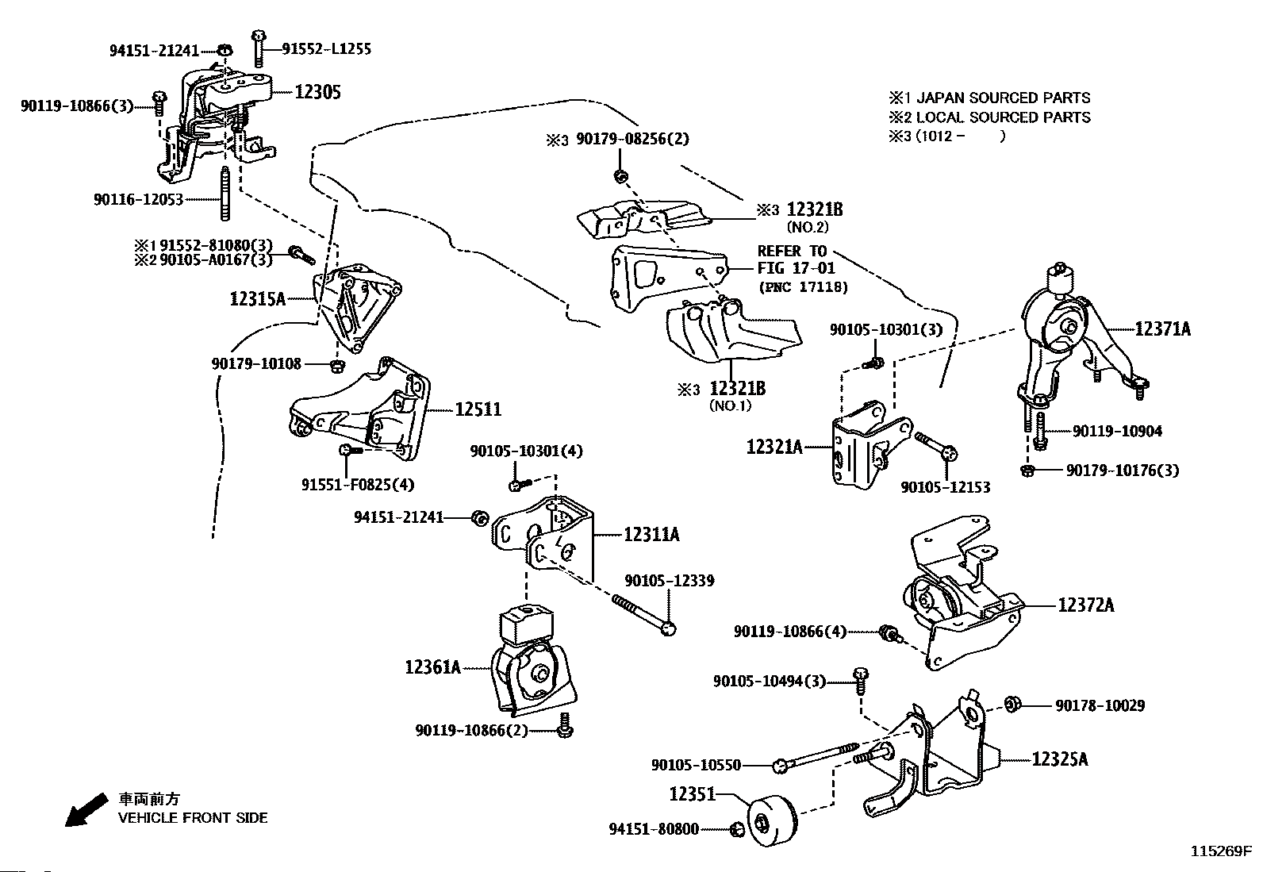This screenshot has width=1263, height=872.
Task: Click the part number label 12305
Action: (317, 92)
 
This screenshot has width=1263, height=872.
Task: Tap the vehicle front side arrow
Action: (85, 810)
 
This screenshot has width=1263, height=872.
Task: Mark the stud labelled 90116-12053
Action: (225, 194)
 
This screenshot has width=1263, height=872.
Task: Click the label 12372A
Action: (1085, 605)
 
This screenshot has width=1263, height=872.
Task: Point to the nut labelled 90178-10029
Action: (1012, 704)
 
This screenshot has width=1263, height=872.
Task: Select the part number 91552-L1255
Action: (326, 49)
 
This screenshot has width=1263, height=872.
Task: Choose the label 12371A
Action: (1162, 328)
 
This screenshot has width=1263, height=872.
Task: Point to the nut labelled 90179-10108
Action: (336, 365)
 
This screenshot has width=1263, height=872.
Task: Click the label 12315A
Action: (258, 298)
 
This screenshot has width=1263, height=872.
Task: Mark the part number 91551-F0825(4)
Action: (358, 484)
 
